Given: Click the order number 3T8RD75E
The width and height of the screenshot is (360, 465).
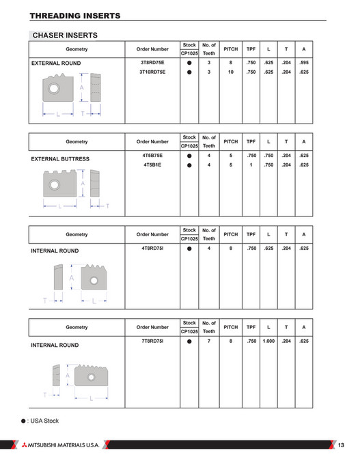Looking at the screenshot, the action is click(x=152, y=63).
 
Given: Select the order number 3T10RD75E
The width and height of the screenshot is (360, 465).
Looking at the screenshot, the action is click(x=152, y=71).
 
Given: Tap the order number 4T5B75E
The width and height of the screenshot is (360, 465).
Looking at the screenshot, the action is click(x=152, y=156).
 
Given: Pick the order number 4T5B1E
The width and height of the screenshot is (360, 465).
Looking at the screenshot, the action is click(x=152, y=165).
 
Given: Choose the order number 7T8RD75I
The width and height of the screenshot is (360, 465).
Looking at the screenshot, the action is click(x=152, y=341).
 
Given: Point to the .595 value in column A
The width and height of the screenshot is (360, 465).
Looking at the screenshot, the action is click(x=304, y=63).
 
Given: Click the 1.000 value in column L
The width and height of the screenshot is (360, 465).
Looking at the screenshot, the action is click(x=268, y=341).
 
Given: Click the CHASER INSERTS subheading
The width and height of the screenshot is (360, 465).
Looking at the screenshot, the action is click(x=67, y=35).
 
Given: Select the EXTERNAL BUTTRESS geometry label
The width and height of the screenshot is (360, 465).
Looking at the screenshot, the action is click(x=61, y=159).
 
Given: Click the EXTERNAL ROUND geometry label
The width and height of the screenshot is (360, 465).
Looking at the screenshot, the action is click(x=56, y=64).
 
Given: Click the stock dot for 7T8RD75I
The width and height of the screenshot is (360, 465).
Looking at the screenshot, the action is click(x=189, y=341).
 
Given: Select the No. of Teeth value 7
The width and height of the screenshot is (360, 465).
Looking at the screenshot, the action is click(x=209, y=341).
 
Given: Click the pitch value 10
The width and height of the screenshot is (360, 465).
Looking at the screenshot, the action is click(x=231, y=71).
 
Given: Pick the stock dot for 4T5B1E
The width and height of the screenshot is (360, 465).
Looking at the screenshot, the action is click(x=189, y=165).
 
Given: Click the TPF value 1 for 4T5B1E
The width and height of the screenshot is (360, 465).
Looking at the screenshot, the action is click(x=251, y=165).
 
